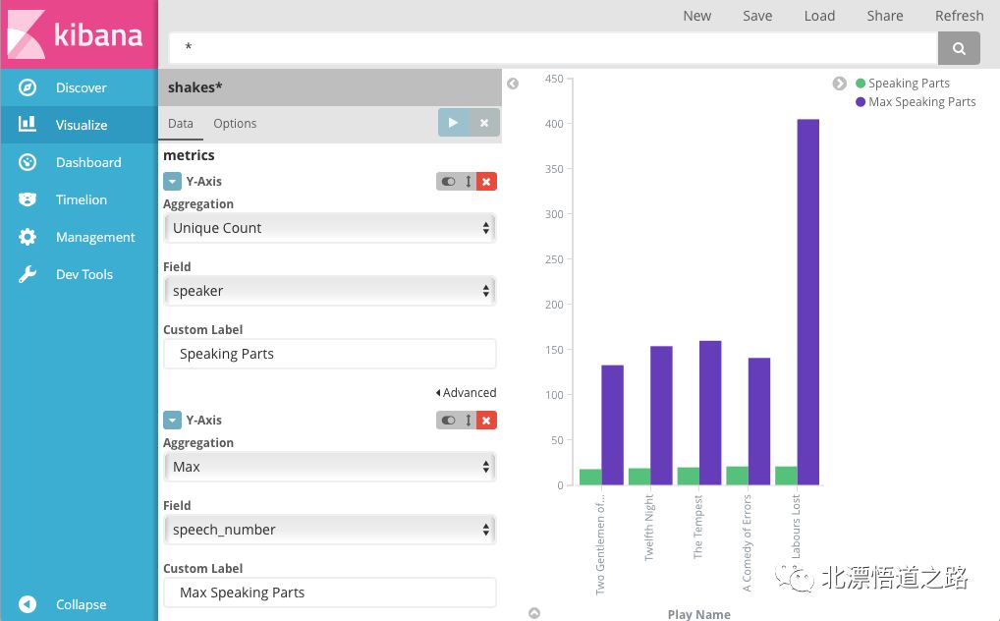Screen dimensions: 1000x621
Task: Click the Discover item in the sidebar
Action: [x=80, y=87]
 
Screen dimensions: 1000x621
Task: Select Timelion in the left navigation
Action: [x=80, y=199]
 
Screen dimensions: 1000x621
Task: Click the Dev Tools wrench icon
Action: [x=28, y=274]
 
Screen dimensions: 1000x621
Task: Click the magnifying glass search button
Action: [x=959, y=48]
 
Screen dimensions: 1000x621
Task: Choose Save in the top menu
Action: [x=757, y=16]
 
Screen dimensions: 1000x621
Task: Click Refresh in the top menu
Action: [x=959, y=16]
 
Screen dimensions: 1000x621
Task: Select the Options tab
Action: [x=235, y=123]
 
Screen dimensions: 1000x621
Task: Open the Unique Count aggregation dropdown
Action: [x=330, y=228]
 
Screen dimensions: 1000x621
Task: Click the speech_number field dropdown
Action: [x=330, y=530]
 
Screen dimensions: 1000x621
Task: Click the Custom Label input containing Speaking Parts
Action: [x=330, y=354]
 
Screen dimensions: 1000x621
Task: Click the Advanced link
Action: [x=466, y=392]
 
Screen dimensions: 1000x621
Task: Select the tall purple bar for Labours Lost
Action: [x=808, y=302]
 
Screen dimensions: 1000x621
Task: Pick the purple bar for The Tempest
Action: [x=710, y=413]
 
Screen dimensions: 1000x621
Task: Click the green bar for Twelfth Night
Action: [x=639, y=477]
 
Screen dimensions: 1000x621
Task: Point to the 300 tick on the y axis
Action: [x=554, y=214]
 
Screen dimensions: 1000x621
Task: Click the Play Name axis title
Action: [x=699, y=614]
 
